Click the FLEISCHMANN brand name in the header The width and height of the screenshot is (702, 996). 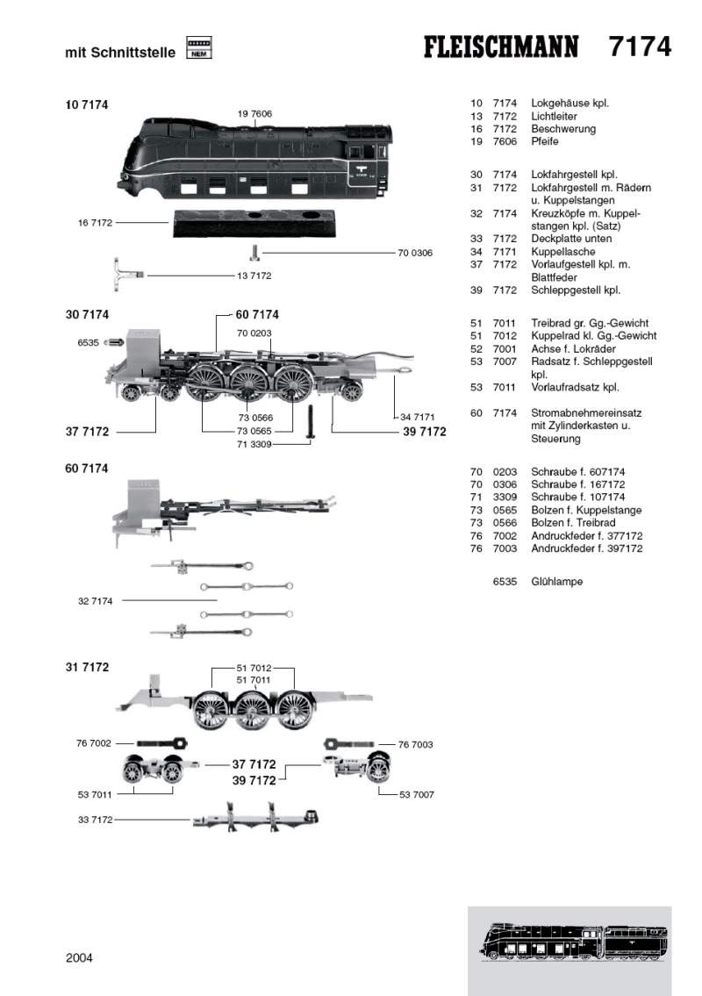(x=502, y=47)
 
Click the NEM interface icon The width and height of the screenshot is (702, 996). (x=199, y=48)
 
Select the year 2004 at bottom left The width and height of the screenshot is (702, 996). (x=79, y=957)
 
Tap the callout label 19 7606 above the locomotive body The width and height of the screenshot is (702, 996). (x=254, y=114)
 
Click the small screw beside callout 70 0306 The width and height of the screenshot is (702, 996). (x=254, y=253)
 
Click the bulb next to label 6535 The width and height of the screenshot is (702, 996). (x=112, y=343)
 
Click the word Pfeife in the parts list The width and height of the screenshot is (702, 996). (x=544, y=141)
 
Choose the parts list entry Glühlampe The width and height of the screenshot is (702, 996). (x=556, y=582)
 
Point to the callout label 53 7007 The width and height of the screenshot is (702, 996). (x=417, y=794)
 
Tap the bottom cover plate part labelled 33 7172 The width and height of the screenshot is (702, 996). (x=254, y=821)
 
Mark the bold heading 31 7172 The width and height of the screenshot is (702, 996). (x=87, y=667)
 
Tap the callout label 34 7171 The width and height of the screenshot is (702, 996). (x=417, y=416)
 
